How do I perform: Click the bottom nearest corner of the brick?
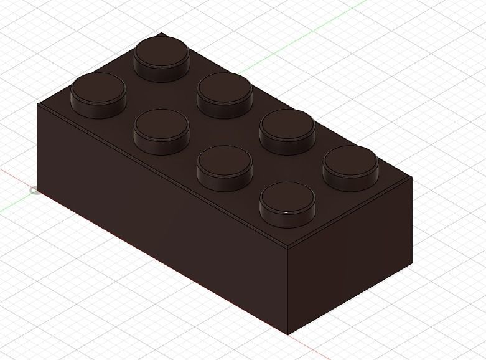coord(288,334)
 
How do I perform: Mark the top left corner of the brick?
coord(37,103)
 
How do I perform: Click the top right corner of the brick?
coord(412,177)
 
